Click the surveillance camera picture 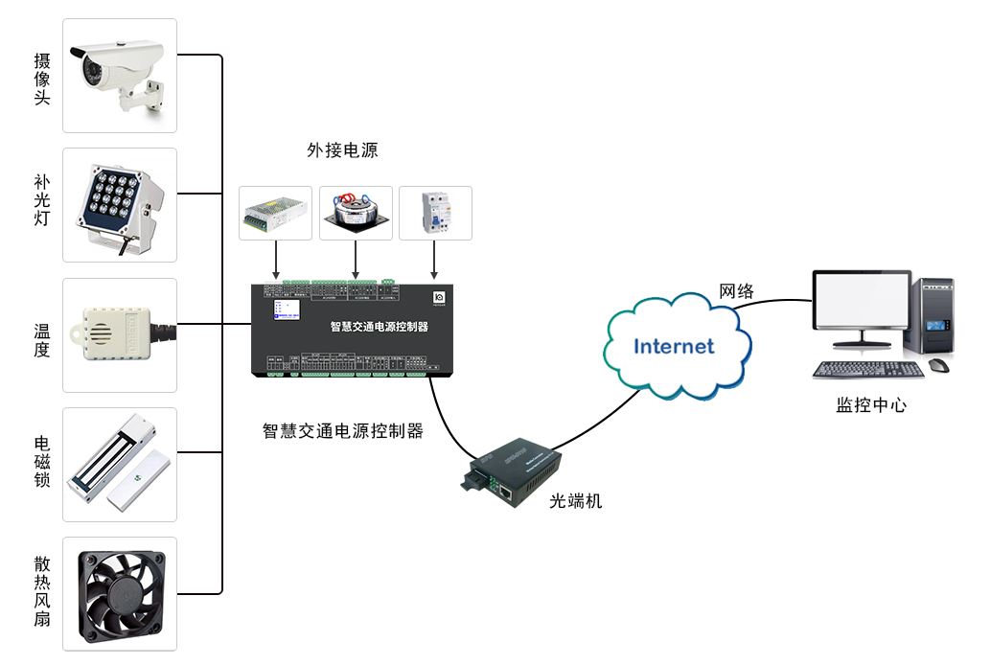pyautogui.click(x=120, y=75)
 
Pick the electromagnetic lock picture pyautogui.click(x=119, y=464)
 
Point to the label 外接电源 pyautogui.click(x=342, y=150)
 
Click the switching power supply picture pyautogui.click(x=275, y=212)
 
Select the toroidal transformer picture pyautogui.click(x=356, y=212)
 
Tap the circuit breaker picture pyautogui.click(x=435, y=212)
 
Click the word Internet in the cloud pyautogui.click(x=675, y=346)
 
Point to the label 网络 pyautogui.click(x=737, y=291)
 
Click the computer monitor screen pyautogui.click(x=861, y=301)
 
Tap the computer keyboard pyautogui.click(x=869, y=369)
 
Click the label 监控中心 pyautogui.click(x=870, y=404)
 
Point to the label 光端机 pyautogui.click(x=576, y=500)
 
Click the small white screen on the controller pyautogui.click(x=287, y=310)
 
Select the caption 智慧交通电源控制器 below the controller pyautogui.click(x=343, y=431)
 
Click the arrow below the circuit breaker pyautogui.click(x=435, y=258)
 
